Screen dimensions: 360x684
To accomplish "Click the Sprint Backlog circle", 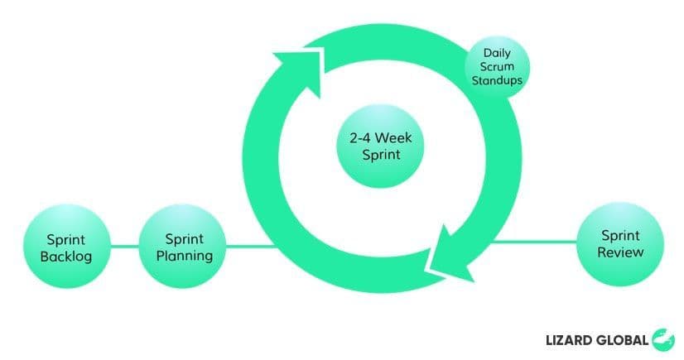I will point(66,246).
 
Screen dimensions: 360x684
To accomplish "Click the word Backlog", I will point(66,256).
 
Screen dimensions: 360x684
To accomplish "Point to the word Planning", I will point(184,256).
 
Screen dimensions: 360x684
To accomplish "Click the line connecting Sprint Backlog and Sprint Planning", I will point(124,246).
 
